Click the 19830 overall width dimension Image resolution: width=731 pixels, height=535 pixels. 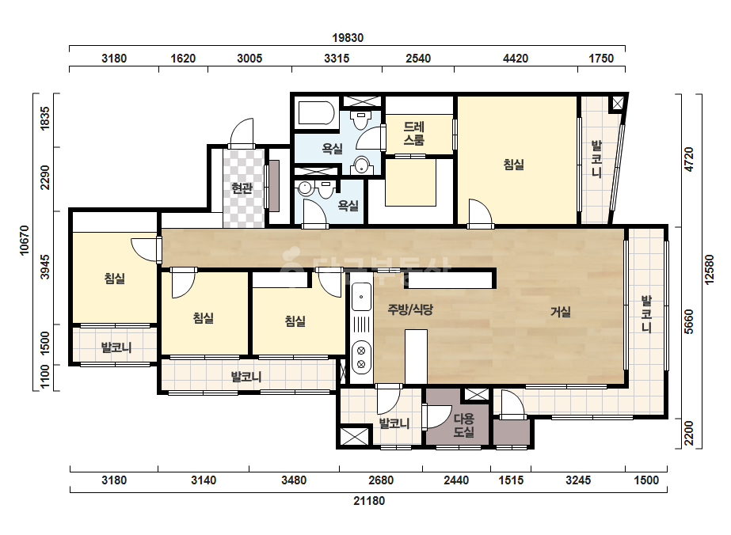[x=348, y=38]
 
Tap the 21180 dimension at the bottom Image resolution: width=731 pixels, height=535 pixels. [x=369, y=501]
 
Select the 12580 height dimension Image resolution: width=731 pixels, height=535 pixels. [x=709, y=269]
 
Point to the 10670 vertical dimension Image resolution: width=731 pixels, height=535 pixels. [x=25, y=241]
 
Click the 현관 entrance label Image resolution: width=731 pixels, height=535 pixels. [x=242, y=188]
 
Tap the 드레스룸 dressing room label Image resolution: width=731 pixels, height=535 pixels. [x=414, y=133]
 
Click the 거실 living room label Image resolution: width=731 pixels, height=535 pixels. [x=561, y=311]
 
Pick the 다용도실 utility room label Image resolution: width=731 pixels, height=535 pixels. [x=464, y=425]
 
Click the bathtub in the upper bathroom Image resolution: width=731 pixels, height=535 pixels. [x=316, y=113]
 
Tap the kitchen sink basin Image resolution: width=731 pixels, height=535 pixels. [x=361, y=297]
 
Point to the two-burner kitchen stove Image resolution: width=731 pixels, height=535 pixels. [x=361, y=357]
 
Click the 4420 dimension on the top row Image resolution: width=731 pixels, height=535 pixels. [x=516, y=59]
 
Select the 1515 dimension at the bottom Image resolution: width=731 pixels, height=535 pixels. [x=511, y=480]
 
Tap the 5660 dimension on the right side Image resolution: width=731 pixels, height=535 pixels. [x=689, y=321]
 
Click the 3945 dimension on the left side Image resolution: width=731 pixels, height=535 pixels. [x=45, y=267]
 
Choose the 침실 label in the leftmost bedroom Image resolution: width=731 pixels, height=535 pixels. [x=115, y=279]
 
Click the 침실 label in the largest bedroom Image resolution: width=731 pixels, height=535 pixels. [x=514, y=164]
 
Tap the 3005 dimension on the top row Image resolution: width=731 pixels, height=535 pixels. [x=249, y=59]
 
